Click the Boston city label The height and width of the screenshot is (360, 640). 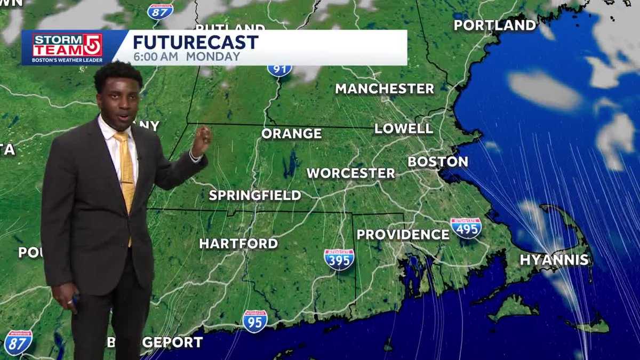pyautogui.click(x=438, y=162)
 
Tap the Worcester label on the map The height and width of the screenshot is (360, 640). pyautogui.click(x=350, y=173)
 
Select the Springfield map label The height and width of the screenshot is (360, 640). pyautogui.click(x=255, y=196)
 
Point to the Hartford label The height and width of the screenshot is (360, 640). pyautogui.click(x=238, y=244)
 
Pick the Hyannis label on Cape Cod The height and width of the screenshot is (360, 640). pyautogui.click(x=554, y=260)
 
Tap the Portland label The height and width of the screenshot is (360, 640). pyautogui.click(x=495, y=26)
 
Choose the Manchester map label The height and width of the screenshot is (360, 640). pyautogui.click(x=385, y=89)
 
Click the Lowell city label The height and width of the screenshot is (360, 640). pyautogui.click(x=403, y=129)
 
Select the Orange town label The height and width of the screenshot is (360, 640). pyautogui.click(x=291, y=134)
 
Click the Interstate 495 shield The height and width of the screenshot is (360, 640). pyautogui.click(x=466, y=228)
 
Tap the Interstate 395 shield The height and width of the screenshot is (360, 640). pyautogui.click(x=339, y=259)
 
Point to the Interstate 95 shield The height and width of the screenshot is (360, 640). pyautogui.click(x=255, y=321)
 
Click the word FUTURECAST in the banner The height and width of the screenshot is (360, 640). pyautogui.click(x=195, y=42)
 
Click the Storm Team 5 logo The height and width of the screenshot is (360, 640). pyautogui.click(x=67, y=47)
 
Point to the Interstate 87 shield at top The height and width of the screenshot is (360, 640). pyautogui.click(x=160, y=11)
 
